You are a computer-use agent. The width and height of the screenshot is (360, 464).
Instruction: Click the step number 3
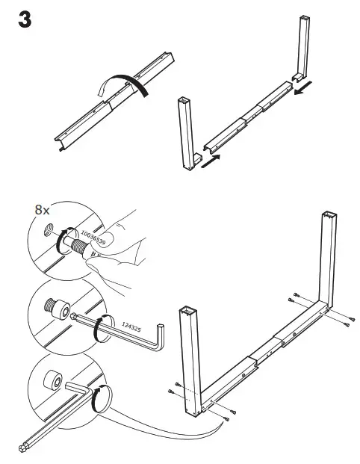point(25,20)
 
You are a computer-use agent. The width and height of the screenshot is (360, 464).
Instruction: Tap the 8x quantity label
point(43,210)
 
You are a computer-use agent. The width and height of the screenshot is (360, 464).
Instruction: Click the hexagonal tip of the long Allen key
point(26,448)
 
